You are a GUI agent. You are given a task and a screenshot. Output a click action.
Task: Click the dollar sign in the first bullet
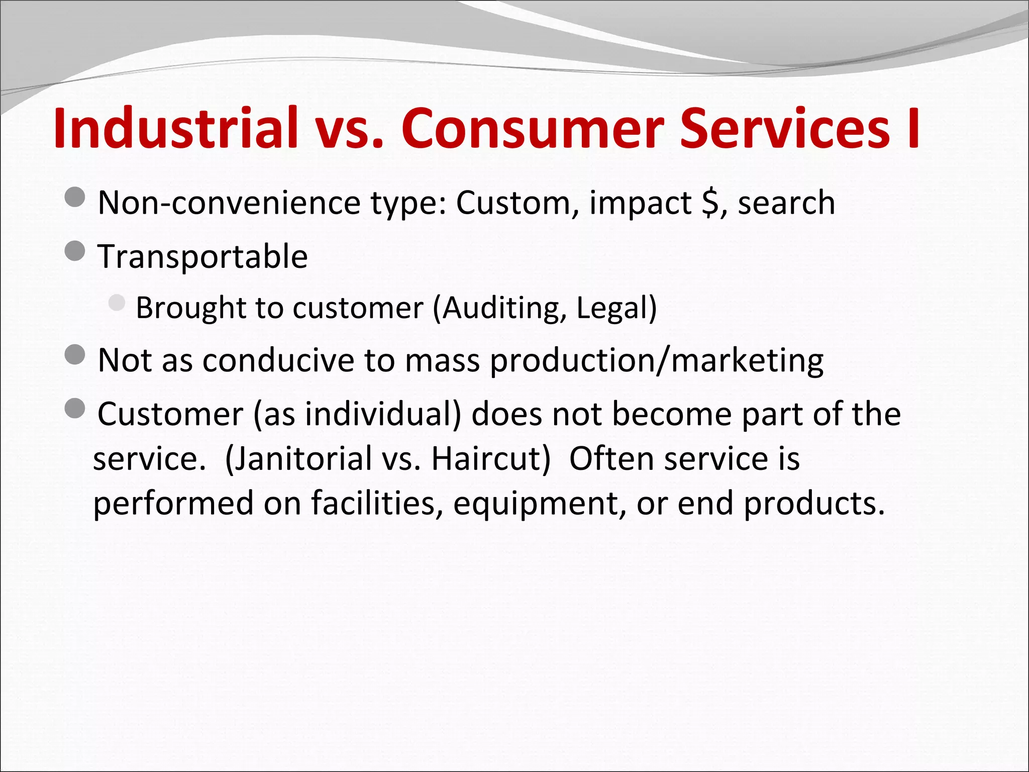coord(710,203)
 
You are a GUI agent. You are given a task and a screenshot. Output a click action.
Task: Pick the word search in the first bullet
coord(786,203)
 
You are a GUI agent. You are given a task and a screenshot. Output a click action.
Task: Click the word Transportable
coord(202,256)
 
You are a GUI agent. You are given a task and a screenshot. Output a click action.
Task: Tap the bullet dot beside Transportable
coord(75,251)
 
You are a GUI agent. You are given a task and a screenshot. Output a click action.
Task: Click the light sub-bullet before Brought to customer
coord(117,303)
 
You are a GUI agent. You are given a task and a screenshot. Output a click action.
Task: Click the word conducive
coord(278,360)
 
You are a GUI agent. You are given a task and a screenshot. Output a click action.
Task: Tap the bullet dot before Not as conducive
coord(75,355)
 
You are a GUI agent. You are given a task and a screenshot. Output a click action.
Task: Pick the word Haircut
coord(490,458)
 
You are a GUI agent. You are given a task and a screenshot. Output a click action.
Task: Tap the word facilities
coord(377,503)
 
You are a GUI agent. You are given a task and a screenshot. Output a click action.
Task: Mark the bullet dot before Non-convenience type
coord(75,198)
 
